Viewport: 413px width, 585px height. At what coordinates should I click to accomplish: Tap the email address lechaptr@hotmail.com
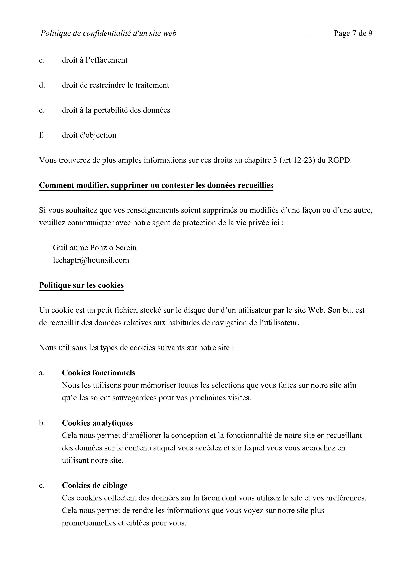pyautogui.click(x=91, y=260)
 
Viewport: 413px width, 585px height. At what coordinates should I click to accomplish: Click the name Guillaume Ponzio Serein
pyautogui.click(x=95, y=248)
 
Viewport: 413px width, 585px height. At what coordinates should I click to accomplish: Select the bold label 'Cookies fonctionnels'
pyautogui.click(x=98, y=373)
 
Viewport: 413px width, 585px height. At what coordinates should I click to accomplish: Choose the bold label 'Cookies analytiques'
pyautogui.click(x=97, y=423)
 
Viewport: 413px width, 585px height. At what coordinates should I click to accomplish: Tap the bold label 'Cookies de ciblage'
pyautogui.click(x=95, y=485)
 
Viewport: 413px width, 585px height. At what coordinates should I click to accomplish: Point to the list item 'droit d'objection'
pyautogui.click(x=89, y=135)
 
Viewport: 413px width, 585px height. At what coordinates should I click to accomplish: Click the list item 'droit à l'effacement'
pyautogui.click(x=95, y=60)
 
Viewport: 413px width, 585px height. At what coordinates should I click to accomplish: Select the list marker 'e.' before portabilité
pyautogui.click(x=42, y=110)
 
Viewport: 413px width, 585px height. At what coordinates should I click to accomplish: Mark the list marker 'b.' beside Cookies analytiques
pyautogui.click(x=42, y=423)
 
